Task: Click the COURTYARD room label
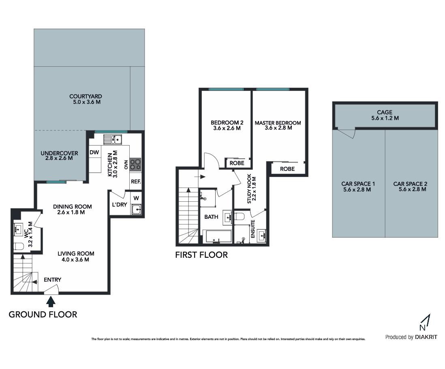coord(86,96)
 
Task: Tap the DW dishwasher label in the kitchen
coord(94,152)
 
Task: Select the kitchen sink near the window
coord(113,139)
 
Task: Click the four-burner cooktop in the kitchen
coord(135,164)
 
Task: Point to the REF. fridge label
coord(136,181)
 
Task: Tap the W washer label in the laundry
coord(136,198)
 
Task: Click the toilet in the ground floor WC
coord(19,246)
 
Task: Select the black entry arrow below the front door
coord(51,302)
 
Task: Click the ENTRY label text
coord(53,280)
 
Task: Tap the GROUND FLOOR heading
coord(43,315)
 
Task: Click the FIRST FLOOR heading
coord(201,255)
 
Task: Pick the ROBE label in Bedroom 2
coord(237,163)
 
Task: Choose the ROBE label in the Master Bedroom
coord(287,169)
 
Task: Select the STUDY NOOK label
coord(249,188)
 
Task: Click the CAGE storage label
coord(385,112)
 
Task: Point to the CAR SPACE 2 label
coord(410,184)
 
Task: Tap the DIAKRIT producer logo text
coord(426,337)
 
